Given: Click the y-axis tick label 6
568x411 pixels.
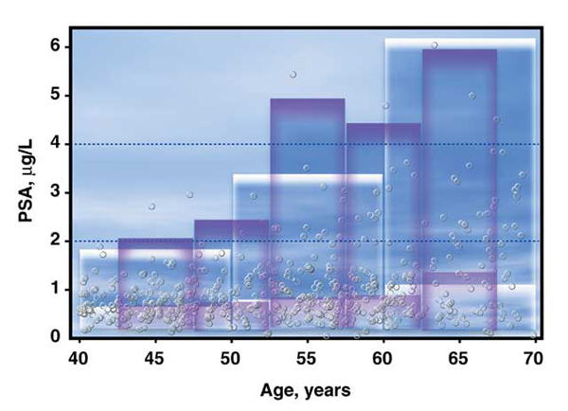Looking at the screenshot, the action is (55, 47).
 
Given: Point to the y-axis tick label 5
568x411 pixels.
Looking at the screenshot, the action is (55, 96).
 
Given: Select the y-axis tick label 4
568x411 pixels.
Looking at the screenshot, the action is (55, 144).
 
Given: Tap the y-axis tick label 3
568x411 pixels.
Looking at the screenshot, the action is (55, 192).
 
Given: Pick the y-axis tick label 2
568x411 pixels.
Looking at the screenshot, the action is (55, 241).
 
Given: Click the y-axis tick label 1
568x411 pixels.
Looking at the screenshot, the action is (55, 289).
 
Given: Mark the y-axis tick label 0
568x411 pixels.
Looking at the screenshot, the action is (55, 336).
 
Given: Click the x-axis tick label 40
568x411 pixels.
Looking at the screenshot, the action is (79, 359).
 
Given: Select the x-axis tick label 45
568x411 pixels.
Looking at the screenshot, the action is (154, 359).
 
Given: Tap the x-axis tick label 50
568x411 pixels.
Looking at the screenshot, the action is (231, 359).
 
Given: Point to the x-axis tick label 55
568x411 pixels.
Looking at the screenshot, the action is (307, 359).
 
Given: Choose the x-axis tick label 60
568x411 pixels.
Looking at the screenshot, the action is (382, 359).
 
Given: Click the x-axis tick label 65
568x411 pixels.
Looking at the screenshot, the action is (458, 359).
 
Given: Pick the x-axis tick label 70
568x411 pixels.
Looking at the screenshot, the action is (534, 359).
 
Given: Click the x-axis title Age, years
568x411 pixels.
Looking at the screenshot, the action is (306, 391).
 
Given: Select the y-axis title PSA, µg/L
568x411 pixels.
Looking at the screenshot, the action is (27, 180).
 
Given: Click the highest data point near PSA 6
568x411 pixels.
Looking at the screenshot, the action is (435, 45).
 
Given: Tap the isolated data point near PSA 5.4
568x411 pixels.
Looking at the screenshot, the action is (293, 75).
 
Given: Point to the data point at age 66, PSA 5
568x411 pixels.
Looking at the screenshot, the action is (472, 96).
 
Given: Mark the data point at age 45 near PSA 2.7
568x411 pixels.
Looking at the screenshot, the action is (151, 206).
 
